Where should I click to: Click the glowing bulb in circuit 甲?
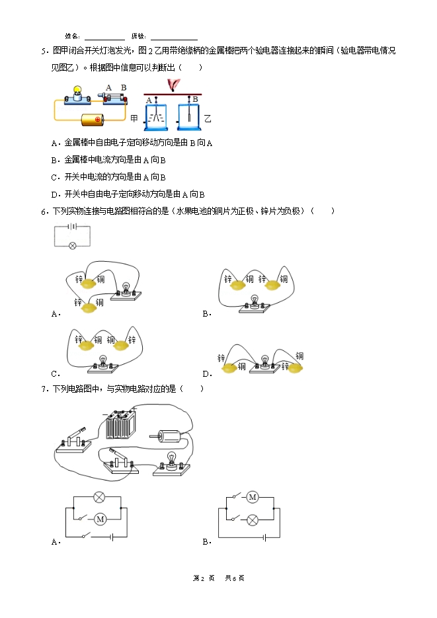77,91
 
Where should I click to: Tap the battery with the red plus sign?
92,120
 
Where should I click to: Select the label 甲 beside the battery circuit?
134,118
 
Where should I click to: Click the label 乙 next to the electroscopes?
208,118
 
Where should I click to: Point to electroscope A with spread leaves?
155,114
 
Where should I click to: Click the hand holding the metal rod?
173,85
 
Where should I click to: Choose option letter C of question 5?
54,177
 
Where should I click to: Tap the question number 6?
44,212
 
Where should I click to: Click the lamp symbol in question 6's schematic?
73,246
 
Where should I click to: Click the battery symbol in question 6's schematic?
73,226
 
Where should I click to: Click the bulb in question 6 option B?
255,301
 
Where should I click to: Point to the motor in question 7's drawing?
167,436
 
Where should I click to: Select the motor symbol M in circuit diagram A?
100,519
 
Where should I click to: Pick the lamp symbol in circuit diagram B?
253,520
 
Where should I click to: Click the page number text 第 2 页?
204,578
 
